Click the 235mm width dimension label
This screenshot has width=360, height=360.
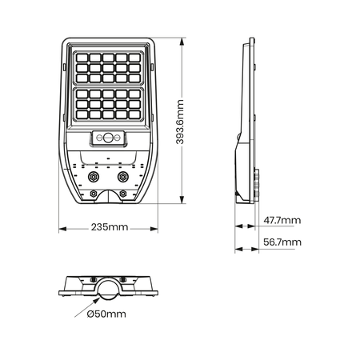tap(108, 227)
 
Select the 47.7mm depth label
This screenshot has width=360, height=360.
tap(283, 220)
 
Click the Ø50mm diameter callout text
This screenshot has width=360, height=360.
tap(106, 314)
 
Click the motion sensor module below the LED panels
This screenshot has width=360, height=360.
tap(108, 138)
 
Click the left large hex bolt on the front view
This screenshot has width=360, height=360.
tap(94, 175)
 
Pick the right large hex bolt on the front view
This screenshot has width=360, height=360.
tap(123, 175)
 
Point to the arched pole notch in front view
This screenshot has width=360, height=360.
tap(108, 195)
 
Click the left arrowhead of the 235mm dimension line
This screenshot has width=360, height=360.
tap(61, 227)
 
